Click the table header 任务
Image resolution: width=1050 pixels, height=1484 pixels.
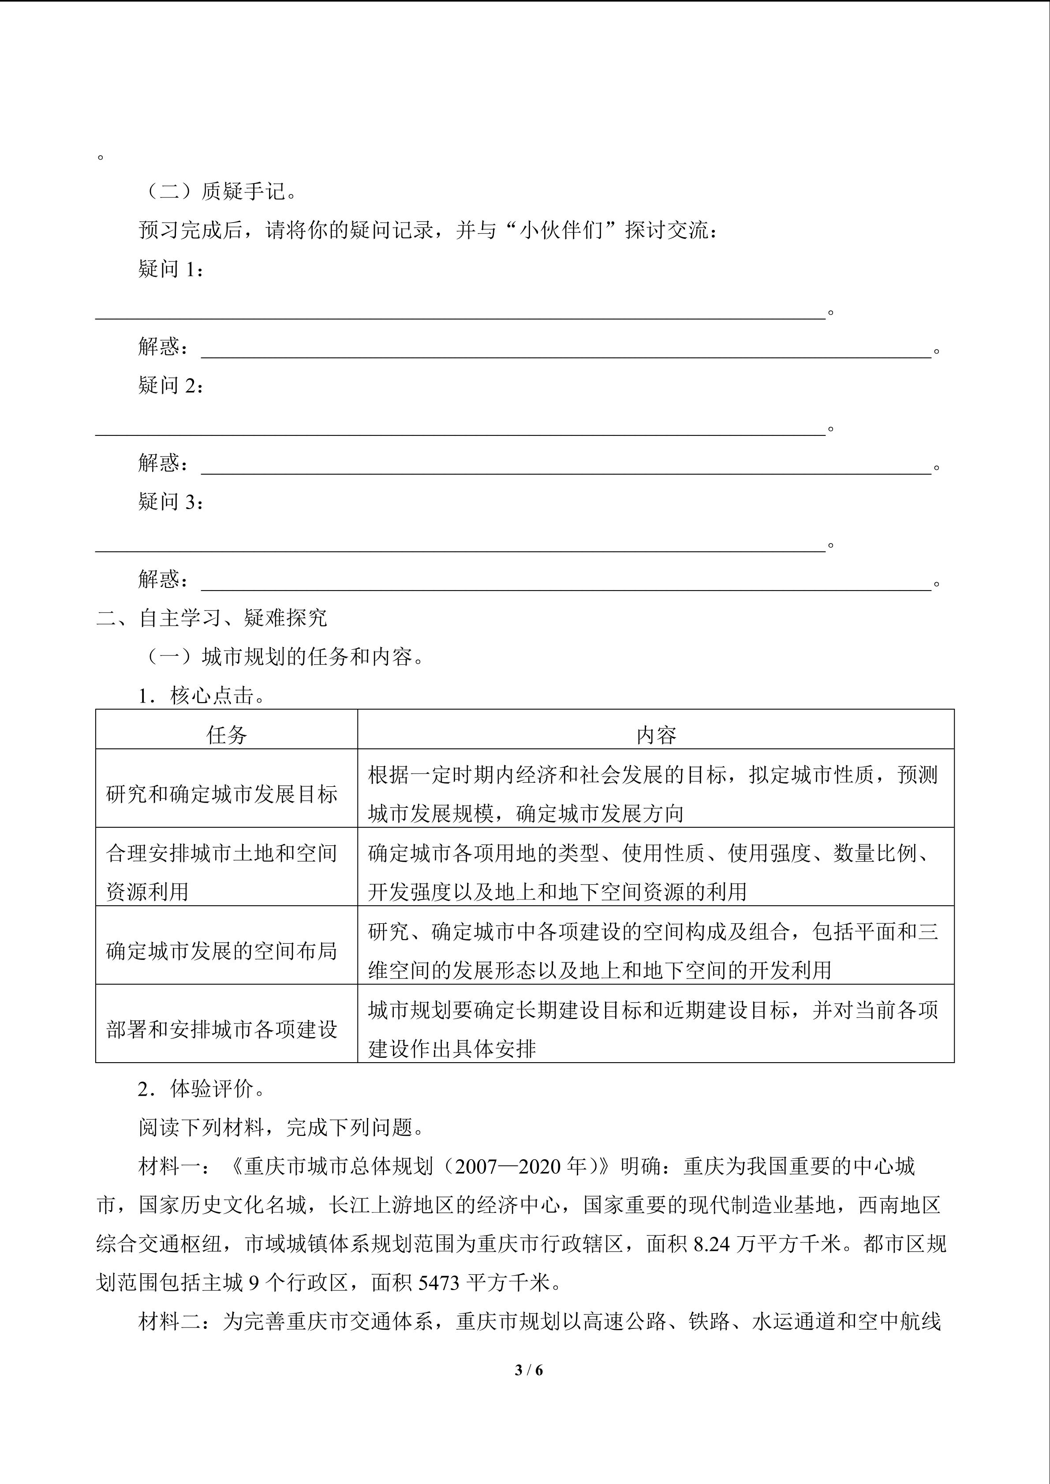pyautogui.click(x=226, y=735)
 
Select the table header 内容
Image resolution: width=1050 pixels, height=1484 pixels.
pyautogui.click(x=656, y=735)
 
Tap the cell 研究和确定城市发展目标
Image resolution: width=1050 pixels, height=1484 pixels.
pyautogui.click(x=222, y=794)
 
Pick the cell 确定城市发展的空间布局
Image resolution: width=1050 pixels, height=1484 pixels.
pyautogui.click(x=222, y=951)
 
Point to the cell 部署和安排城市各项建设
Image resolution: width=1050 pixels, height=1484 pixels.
pyautogui.click(x=222, y=1029)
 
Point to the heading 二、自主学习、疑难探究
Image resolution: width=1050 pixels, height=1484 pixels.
pyautogui.click(x=211, y=618)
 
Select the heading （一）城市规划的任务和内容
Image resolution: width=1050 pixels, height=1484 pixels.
pyautogui.click(x=284, y=657)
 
